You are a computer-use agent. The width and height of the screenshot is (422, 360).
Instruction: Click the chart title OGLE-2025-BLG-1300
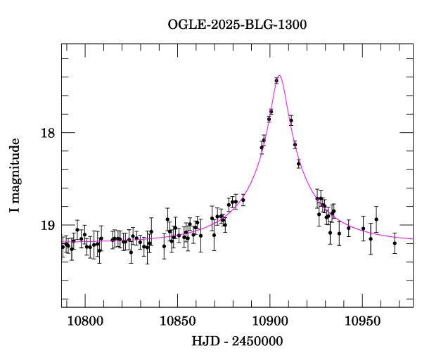pyautogui.click(x=237, y=25)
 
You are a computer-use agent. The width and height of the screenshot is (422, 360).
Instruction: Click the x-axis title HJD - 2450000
pyautogui.click(x=238, y=342)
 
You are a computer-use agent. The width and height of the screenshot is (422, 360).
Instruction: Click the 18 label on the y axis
pyautogui.click(x=48, y=132)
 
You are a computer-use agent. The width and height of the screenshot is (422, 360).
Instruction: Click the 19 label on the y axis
pyautogui.click(x=48, y=226)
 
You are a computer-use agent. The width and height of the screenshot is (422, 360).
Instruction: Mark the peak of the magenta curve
pyautogui.click(x=280, y=75)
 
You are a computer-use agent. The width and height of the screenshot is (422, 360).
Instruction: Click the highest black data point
pyautogui.click(x=276, y=81)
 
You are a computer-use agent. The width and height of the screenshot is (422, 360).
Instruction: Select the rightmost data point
pyautogui.click(x=395, y=243)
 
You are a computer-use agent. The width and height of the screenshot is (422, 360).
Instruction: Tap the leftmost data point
pyautogui.click(x=63, y=246)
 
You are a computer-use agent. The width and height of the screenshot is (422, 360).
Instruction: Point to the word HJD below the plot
pyautogui.click(x=203, y=342)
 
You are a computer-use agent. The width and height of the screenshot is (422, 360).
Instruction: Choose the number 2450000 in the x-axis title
pyautogui.click(x=258, y=342)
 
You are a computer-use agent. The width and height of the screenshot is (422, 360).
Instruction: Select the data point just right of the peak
pyautogui.click(x=291, y=121)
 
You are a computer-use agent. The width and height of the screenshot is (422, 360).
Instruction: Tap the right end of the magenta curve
pyautogui.click(x=413, y=240)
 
